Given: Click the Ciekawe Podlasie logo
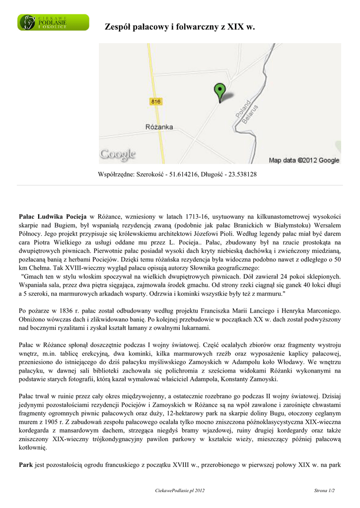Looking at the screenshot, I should click(53, 22).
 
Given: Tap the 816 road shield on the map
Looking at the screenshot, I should click(156, 102).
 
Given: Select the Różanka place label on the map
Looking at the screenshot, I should click(159, 127).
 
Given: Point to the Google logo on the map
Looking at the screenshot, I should click(118, 154).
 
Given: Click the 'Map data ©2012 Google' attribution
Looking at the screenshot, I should click(304, 160).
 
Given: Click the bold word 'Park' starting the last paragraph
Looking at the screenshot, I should click(26, 465).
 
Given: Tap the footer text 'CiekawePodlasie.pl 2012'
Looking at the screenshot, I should click(180, 491).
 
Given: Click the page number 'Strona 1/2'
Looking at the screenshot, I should click(324, 491).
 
